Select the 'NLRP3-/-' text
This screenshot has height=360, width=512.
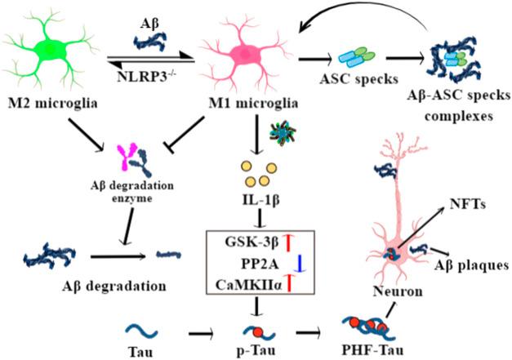pos(154,79)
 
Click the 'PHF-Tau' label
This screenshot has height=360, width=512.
pos(375,349)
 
